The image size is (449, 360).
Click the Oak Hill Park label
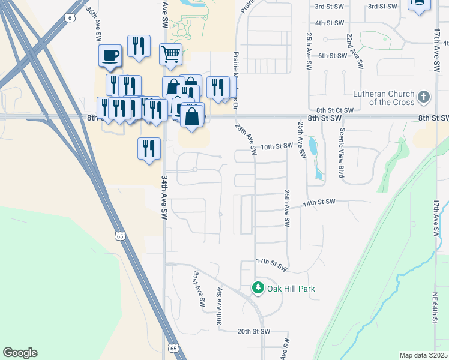click(x=291, y=289)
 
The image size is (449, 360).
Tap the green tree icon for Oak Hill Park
click(x=258, y=289)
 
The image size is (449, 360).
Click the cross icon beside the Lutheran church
click(x=424, y=97)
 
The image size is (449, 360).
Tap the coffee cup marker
click(x=111, y=56)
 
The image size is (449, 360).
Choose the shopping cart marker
click(x=170, y=53)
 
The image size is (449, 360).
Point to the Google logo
click(x=20, y=353)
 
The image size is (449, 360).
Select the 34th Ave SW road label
click(x=163, y=197)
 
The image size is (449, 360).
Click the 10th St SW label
click(x=276, y=146)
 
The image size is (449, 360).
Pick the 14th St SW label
click(x=319, y=203)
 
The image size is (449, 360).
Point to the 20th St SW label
click(x=254, y=331)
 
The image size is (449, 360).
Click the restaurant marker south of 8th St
click(x=149, y=148)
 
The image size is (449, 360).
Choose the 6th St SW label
click(x=333, y=56)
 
